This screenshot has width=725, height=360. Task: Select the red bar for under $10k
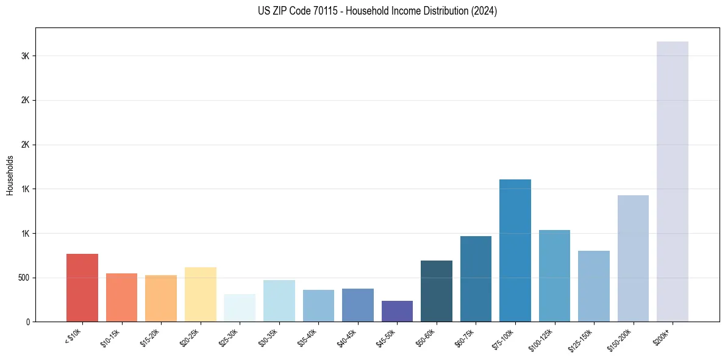pos(82,287)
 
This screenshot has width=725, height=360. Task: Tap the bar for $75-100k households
pos(515,250)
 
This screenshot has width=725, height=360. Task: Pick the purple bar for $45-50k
pos(397,311)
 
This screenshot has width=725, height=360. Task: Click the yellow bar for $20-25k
pos(200,294)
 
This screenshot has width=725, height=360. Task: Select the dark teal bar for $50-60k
pos(436,291)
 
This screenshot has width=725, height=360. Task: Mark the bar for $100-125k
pos(554,276)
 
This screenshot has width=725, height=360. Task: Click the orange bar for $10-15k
pos(121,297)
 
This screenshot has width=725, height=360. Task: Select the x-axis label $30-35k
pos(268,337)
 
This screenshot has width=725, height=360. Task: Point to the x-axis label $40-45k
pos(346,337)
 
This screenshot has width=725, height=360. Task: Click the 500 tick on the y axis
pos(24,278)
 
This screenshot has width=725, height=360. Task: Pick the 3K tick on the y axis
pos(26,56)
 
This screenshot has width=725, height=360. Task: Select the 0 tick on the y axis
pos(28,322)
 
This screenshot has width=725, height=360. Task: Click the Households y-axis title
pos(10,175)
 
